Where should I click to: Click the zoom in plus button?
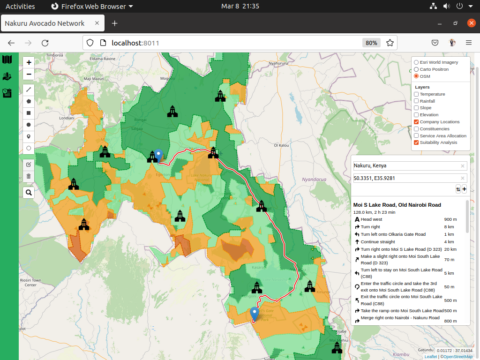pos(29,62)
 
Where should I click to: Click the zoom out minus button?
pos(29,74)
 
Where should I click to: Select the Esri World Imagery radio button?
pos(416,62)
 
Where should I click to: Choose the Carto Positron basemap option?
pos(416,69)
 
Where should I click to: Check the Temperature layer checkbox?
pos(416,94)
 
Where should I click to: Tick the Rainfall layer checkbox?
pos(416,101)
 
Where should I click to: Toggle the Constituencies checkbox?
pos(416,128)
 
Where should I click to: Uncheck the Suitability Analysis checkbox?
pos(416,142)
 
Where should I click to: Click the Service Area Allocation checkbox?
pos(416,135)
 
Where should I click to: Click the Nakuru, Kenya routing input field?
pos(406,166)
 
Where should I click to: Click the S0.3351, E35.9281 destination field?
pos(406,178)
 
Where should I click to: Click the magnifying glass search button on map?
pos(29,192)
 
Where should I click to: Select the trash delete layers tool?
pos(29,176)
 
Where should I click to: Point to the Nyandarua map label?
pos(314,180)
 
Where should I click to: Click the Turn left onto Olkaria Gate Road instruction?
pos(393,234)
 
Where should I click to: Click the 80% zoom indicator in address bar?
pos(371,43)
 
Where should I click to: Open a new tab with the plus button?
pos(114,23)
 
